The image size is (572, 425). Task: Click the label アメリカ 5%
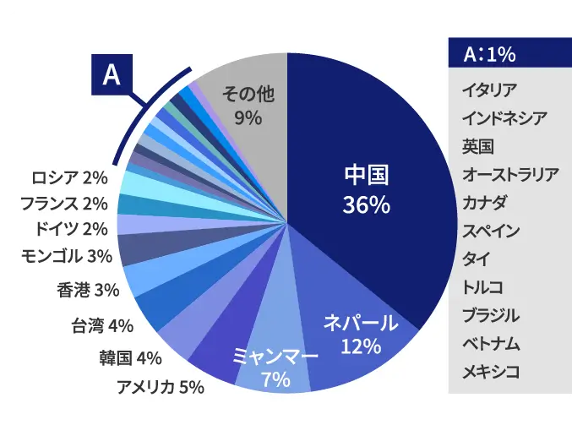coord(160,387)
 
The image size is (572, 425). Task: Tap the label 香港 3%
coord(88,290)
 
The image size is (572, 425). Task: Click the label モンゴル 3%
coord(66,255)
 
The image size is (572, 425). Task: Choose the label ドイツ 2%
coord(71,229)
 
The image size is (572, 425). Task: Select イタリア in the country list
coord(490,89)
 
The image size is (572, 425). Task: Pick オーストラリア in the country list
coord(510,175)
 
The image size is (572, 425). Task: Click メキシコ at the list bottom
coord(490,371)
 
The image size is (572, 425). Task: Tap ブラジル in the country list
coord(490,315)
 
